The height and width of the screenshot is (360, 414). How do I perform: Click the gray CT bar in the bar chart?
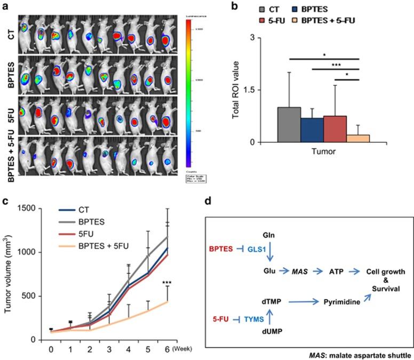289,125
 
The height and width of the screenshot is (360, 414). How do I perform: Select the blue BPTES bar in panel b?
312,130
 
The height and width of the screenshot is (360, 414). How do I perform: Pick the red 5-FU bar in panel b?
335,129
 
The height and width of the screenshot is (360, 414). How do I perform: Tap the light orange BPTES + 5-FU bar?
358,138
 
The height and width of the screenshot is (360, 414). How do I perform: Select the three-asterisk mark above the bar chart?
336,65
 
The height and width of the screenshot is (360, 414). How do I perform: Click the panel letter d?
224,202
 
